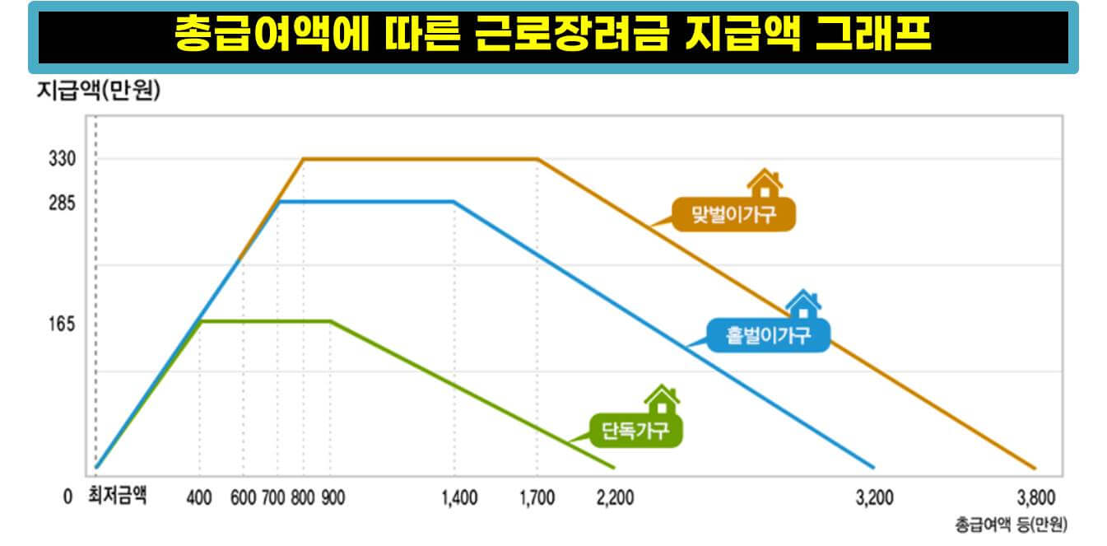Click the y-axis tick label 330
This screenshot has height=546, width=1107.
pyautogui.click(x=63, y=158)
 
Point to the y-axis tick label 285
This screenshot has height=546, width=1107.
pyautogui.click(x=63, y=202)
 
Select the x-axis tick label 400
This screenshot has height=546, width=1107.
pyautogui.click(x=200, y=497)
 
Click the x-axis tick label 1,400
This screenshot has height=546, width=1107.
pyautogui.click(x=459, y=497)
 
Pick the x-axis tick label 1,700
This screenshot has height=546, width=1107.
pyautogui.click(x=537, y=497)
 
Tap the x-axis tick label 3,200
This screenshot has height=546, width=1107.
pyautogui.click(x=873, y=497)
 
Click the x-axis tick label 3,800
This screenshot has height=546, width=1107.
pyautogui.click(x=1035, y=497)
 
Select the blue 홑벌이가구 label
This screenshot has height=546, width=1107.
pyautogui.click(x=769, y=335)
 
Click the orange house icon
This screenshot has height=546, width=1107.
pyautogui.click(x=765, y=183)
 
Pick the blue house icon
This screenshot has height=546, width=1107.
pyautogui.click(x=802, y=305)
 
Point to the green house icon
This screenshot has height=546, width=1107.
pyautogui.click(x=662, y=400)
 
